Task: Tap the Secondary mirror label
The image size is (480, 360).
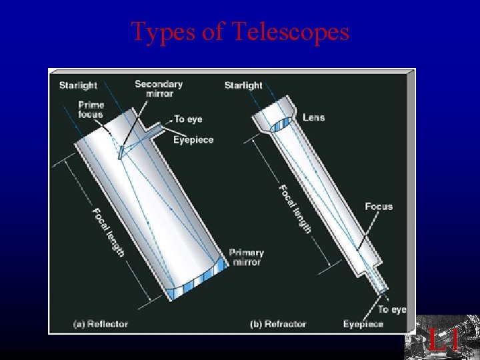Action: point(159,89)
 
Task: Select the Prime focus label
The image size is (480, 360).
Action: point(91,109)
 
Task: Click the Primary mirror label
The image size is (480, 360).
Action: point(247,257)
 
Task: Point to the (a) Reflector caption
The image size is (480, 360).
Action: point(101,324)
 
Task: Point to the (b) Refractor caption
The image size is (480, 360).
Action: point(278,324)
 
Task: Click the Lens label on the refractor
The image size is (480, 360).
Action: point(313,117)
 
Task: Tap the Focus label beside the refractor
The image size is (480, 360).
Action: point(379,207)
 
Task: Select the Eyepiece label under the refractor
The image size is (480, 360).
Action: point(363,324)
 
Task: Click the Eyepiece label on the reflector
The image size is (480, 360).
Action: point(193,139)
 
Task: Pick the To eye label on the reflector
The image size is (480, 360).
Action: point(188,119)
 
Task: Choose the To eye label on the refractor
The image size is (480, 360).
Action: point(392,309)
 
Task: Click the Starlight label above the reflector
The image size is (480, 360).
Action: point(78,85)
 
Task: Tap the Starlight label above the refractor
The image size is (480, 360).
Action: point(243,85)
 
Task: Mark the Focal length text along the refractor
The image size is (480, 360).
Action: point(295,209)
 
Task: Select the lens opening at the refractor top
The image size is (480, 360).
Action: point(279,124)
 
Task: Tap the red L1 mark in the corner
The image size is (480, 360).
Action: point(443,341)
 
